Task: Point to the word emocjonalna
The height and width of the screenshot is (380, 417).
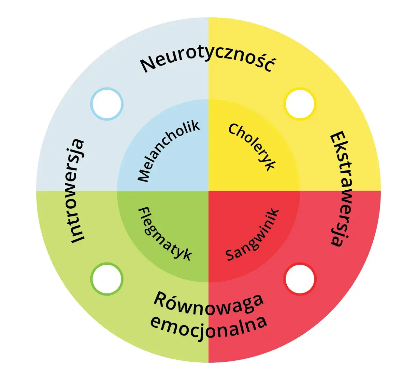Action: [208, 326]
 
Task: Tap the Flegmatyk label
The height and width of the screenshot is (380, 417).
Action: [165, 234]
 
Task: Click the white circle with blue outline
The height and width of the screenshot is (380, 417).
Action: [107, 104]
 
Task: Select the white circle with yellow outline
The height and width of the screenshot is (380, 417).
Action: [300, 104]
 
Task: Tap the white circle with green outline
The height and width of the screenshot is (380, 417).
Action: [107, 279]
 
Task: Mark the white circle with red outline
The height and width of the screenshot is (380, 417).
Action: [300, 279]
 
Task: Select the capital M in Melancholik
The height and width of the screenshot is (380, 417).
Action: [144, 175]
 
